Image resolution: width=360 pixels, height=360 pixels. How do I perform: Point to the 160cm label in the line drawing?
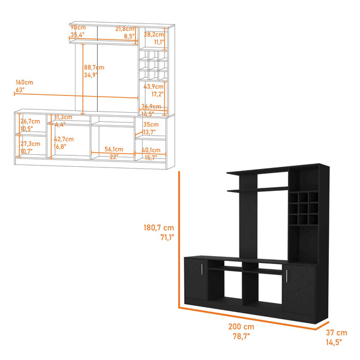(x=25, y=83)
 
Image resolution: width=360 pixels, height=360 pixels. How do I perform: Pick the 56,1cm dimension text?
(x=114, y=149)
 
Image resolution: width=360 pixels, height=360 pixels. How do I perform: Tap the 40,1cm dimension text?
(x=151, y=150)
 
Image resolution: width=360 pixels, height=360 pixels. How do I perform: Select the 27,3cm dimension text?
(x=30, y=144)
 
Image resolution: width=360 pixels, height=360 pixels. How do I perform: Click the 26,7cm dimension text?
(x=30, y=121)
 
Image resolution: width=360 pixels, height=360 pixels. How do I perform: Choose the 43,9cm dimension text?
(x=154, y=86)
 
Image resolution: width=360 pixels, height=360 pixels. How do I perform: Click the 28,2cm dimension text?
(x=154, y=35)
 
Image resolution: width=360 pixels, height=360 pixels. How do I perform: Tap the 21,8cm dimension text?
(x=125, y=28)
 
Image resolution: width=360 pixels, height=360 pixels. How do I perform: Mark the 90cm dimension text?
(x=77, y=28)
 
